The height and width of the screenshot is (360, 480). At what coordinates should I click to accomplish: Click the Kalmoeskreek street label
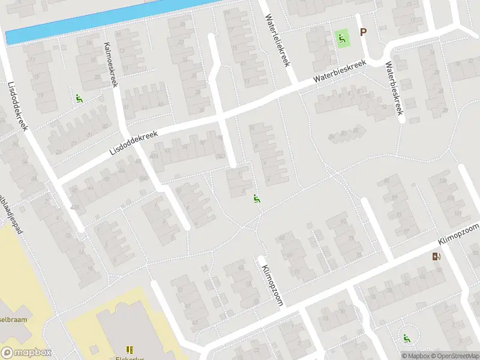pyautogui.click(x=112, y=64)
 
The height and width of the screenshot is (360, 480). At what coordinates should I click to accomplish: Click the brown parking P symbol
pyautogui.click(x=363, y=32)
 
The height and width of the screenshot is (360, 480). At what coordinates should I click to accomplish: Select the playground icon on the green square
pyautogui.click(x=341, y=39)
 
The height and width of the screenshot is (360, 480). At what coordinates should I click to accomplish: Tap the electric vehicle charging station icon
pyautogui.click(x=436, y=257)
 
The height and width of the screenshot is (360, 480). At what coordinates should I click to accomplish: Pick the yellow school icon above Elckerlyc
pyautogui.click(x=129, y=349)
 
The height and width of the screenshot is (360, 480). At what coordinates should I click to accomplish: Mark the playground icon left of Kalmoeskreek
pyautogui.click(x=79, y=99)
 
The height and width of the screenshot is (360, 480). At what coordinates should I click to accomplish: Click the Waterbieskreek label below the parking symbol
pyautogui.click(x=395, y=89)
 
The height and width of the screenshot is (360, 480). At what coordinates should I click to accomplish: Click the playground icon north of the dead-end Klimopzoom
pyautogui.click(x=257, y=199)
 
